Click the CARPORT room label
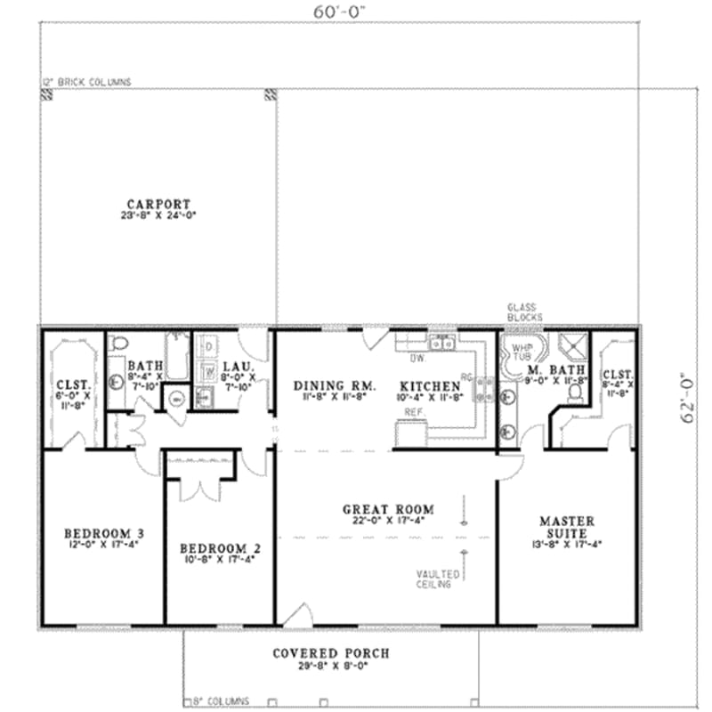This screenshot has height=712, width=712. click(x=158, y=204)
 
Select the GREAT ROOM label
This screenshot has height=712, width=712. click(x=388, y=510)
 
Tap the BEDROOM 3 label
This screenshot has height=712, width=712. click(x=103, y=534)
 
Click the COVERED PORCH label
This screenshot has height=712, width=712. click(x=330, y=653)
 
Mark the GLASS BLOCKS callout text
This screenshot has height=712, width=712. click(x=520, y=311)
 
